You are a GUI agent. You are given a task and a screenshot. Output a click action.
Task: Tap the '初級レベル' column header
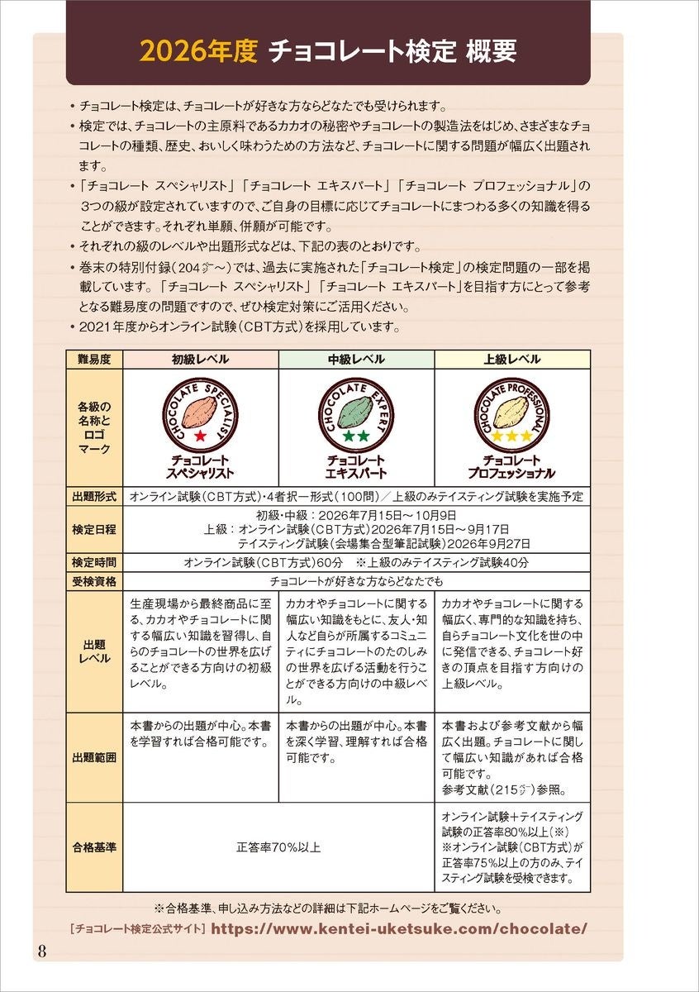200,360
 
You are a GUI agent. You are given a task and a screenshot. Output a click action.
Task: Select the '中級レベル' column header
356,360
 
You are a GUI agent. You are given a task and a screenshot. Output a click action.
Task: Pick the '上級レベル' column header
512,360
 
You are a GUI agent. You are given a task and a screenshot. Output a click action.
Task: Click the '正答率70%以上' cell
278,847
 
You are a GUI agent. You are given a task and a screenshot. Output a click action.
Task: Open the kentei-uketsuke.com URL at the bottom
399,928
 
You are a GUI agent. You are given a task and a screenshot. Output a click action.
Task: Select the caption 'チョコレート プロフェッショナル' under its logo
512,467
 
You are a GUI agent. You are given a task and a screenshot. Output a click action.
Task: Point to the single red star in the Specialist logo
200,435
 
